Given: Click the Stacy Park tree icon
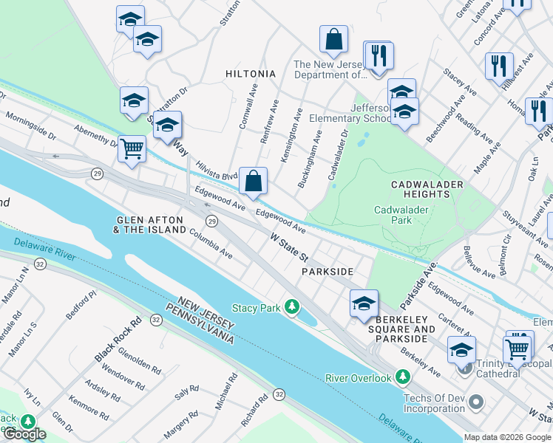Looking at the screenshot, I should coord(294,306).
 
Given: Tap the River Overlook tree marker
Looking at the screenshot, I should coord(402,378).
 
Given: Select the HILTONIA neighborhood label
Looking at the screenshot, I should coord(251,74).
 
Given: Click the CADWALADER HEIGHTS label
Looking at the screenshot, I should coord(429,189).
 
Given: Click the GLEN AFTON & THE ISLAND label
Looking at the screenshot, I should coord(150,224).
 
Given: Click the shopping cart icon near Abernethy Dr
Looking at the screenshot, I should coord(132,148).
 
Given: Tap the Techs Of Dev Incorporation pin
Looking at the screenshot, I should coord(476,403).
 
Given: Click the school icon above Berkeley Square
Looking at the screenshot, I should coord(364,303).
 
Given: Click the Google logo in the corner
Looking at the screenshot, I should coord(24,434).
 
